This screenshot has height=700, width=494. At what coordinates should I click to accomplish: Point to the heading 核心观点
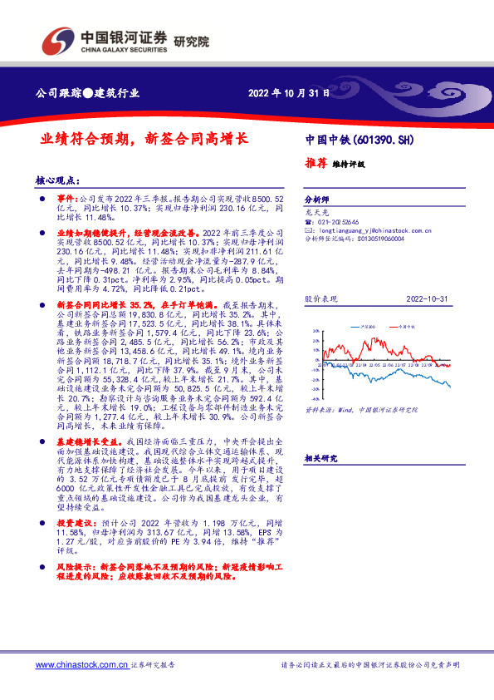point(56,180)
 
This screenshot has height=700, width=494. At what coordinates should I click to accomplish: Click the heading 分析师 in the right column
point(316,200)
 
